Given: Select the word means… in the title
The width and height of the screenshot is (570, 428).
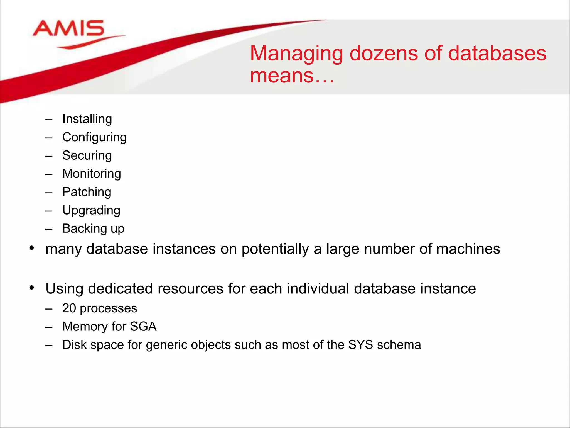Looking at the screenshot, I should [292, 76].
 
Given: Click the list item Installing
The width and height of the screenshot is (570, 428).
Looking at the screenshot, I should [87, 119].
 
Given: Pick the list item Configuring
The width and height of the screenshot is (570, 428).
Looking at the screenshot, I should [94, 137].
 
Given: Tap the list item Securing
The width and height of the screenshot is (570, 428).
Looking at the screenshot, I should [87, 155].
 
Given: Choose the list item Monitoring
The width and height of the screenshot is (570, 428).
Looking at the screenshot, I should [92, 174].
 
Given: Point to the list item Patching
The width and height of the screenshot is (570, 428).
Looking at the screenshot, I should [87, 192].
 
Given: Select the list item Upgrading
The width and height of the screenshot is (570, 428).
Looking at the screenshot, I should [91, 210].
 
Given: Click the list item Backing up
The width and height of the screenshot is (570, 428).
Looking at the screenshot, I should [93, 229].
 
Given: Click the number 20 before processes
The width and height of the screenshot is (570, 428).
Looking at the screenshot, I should [69, 308].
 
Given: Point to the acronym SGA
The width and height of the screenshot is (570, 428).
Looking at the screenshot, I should [143, 327].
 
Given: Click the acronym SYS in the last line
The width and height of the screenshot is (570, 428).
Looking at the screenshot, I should [360, 345].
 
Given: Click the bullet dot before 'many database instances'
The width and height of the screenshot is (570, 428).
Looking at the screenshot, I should [32, 248].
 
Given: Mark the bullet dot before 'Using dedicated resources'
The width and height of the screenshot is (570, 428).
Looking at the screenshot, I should [32, 288].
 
